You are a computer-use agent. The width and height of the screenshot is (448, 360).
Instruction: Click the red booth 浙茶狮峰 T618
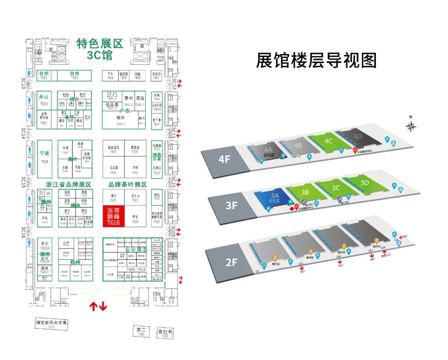pos(113,216)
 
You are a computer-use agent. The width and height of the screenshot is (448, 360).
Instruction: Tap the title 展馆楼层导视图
pos(316,61)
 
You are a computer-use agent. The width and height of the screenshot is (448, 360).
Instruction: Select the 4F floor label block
pos(224,159)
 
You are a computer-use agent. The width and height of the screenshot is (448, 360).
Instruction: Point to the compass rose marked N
pos(410,126)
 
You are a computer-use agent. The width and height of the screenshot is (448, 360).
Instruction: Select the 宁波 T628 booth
pos(44,157)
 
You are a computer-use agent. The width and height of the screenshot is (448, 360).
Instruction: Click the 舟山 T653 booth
pos(44,100)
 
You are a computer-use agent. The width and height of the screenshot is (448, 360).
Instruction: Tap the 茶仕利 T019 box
pos(165,333)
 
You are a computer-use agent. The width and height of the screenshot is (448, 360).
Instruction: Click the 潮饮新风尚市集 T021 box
pos(51,324)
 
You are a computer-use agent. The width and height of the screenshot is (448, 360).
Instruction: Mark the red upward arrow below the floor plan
pos(93,307)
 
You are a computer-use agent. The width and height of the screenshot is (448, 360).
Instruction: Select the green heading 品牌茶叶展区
pos(127,184)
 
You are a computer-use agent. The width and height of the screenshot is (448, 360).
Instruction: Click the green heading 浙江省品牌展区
pos(68,184)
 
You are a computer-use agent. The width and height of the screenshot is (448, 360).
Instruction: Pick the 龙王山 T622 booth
pos(135,197)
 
